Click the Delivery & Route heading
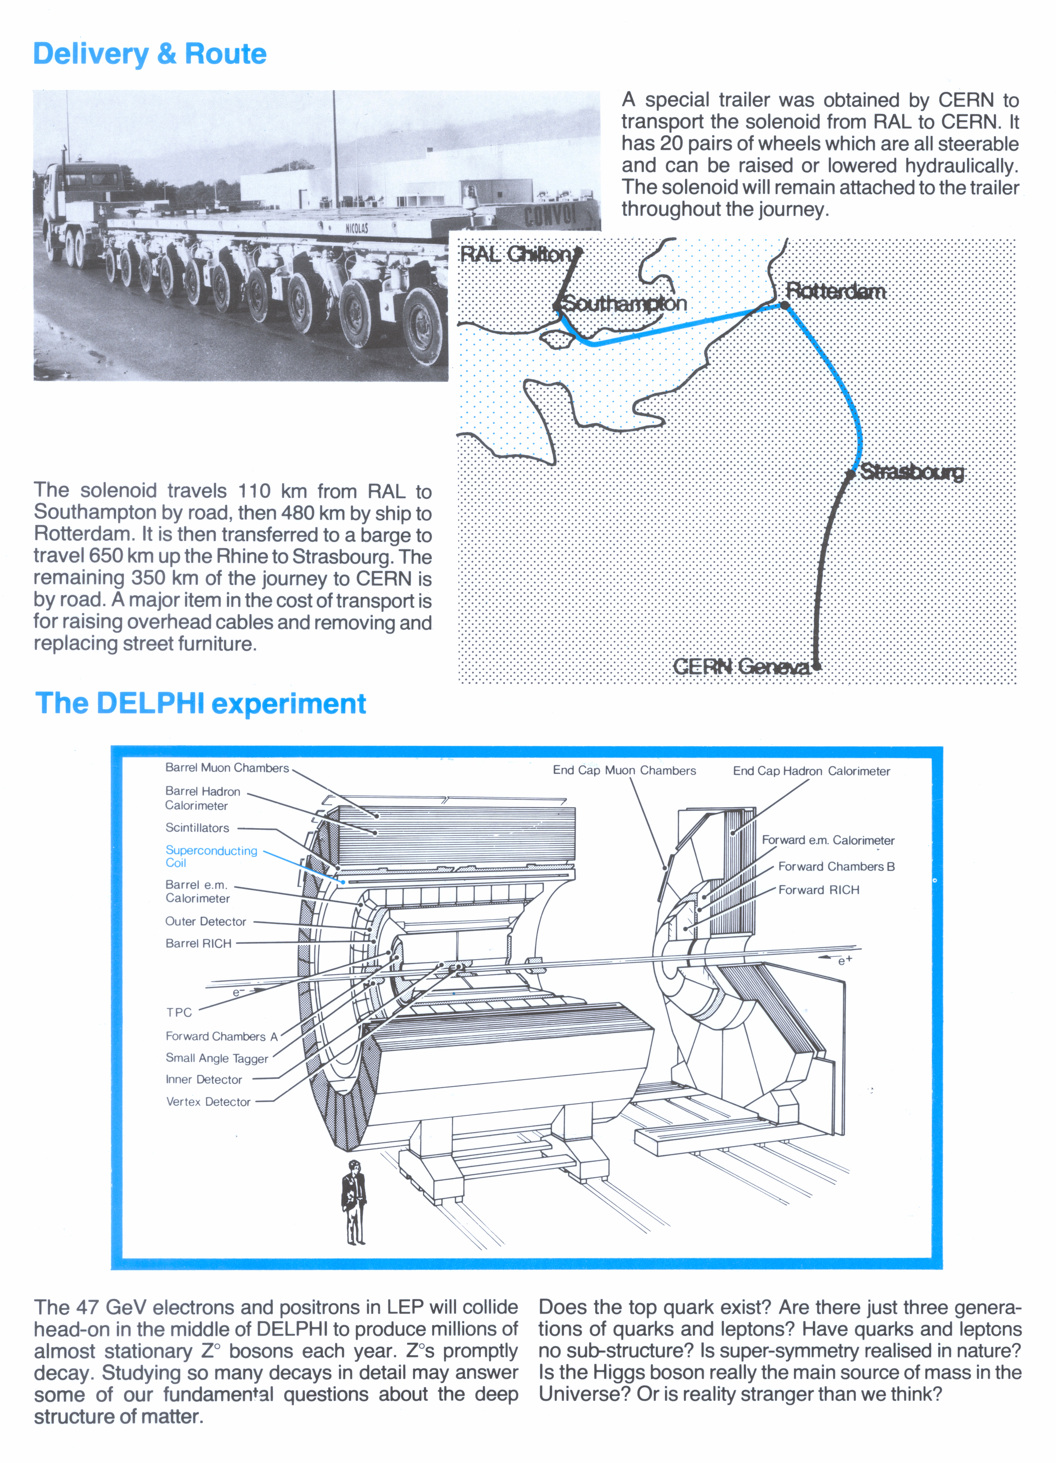coord(150,53)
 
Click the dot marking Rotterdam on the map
coord(785,305)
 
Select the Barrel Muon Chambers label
coord(227,768)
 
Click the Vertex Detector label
coord(208,1102)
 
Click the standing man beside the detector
coord(353,1201)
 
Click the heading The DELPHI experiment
coord(201,703)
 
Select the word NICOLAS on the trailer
coord(356,228)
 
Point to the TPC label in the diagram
coord(179,1012)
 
